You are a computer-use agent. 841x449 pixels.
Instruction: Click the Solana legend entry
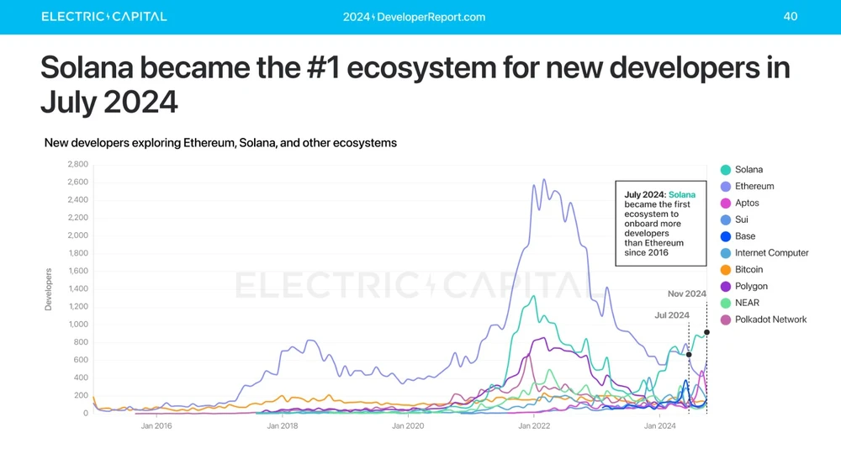pyautogui.click(x=748, y=170)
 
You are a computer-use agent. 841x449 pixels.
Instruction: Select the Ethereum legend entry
pyautogui.click(x=754, y=187)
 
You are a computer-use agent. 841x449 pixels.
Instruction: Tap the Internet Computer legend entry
pyautogui.click(x=771, y=253)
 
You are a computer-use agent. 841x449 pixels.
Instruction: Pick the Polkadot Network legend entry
pyautogui.click(x=770, y=320)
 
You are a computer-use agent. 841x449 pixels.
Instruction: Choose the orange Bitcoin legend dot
pyautogui.click(x=726, y=270)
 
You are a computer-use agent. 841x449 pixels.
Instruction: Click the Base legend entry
pyautogui.click(x=744, y=236)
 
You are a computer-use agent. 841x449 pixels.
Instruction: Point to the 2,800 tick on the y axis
pyautogui.click(x=77, y=164)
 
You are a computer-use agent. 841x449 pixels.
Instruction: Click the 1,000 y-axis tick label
pyautogui.click(x=77, y=325)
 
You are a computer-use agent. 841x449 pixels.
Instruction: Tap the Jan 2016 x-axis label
pyautogui.click(x=156, y=426)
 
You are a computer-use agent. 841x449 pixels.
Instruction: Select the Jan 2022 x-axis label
pyautogui.click(x=534, y=426)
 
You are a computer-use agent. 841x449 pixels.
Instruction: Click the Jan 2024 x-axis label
pyautogui.click(x=659, y=426)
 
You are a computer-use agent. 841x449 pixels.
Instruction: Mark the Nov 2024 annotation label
pyautogui.click(x=686, y=294)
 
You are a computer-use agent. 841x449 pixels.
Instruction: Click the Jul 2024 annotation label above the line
pyautogui.click(x=672, y=315)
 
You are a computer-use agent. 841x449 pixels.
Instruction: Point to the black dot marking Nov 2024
pyautogui.click(x=706, y=332)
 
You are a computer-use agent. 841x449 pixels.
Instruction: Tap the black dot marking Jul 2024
pyautogui.click(x=689, y=355)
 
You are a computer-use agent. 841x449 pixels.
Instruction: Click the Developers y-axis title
pyautogui.click(x=48, y=289)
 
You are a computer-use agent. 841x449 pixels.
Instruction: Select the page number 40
pyautogui.click(x=791, y=16)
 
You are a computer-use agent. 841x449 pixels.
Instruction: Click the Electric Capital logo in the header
pyautogui.click(x=104, y=17)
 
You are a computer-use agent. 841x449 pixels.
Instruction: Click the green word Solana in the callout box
pyautogui.click(x=682, y=195)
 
